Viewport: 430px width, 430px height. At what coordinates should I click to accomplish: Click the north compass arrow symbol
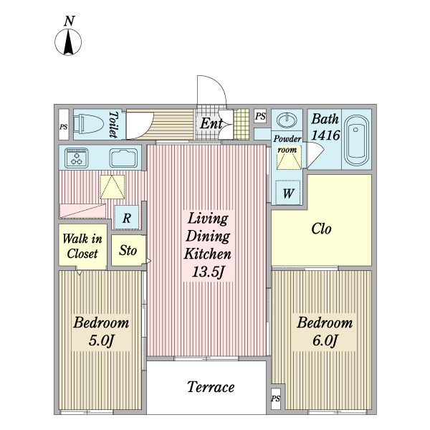68,42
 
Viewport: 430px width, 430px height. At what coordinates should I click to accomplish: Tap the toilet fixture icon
89,124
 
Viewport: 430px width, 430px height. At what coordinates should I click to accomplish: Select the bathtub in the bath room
356,140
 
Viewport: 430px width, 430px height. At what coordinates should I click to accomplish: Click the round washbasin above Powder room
287,120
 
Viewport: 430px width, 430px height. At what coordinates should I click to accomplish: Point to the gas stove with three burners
77,158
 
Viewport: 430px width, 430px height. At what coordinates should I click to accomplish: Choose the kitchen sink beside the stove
123,158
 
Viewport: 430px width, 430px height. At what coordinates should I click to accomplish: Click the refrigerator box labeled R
126,217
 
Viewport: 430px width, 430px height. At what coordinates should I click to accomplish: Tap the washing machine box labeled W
287,192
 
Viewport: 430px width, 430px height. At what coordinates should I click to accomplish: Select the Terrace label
211,387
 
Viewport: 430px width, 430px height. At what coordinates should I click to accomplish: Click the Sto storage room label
128,250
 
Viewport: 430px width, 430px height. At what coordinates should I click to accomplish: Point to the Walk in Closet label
82,246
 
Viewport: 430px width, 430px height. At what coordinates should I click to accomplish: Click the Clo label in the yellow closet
321,228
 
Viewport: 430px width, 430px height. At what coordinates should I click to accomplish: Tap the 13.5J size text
208,272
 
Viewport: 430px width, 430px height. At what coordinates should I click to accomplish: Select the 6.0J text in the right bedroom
325,340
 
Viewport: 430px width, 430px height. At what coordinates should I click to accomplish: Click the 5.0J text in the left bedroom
101,340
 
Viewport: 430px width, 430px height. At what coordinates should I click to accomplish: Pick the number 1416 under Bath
326,135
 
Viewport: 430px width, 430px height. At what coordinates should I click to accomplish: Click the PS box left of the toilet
64,125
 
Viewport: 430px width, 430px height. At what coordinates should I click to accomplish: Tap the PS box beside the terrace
276,398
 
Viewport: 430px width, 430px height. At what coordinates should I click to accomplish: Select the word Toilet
113,124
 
